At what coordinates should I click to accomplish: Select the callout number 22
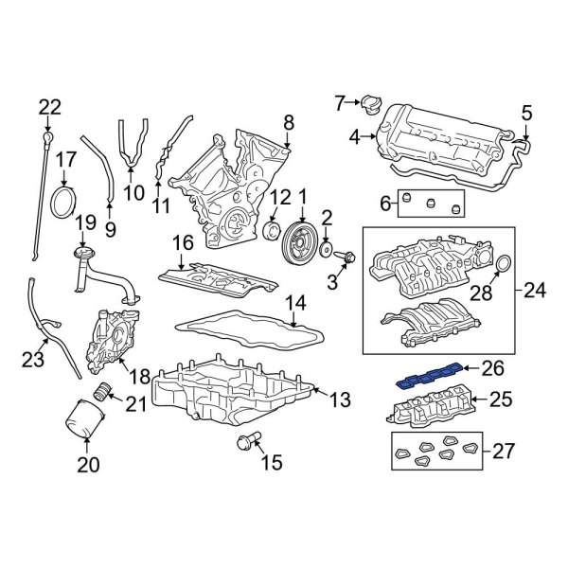pyautogui.click(x=49, y=108)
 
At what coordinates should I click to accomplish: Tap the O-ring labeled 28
pyautogui.click(x=503, y=262)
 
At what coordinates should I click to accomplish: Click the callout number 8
pyautogui.click(x=289, y=121)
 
